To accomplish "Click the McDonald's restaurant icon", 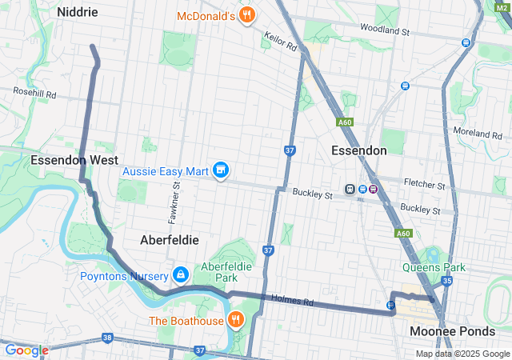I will pyautogui.click(x=248, y=14).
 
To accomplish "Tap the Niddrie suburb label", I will pyautogui.click(x=78, y=12).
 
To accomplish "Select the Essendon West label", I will pyautogui.click(x=74, y=160).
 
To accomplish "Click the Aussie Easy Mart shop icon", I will pyautogui.click(x=222, y=170).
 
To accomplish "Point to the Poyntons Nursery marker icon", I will pyautogui.click(x=181, y=276).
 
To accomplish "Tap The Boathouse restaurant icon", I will pyautogui.click(x=235, y=321).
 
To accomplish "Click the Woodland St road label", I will pyautogui.click(x=385, y=31).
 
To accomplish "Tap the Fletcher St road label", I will pyautogui.click(x=425, y=185).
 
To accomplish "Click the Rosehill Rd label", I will pyautogui.click(x=34, y=94).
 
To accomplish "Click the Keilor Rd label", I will pyautogui.click(x=281, y=42).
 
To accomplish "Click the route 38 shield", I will pyautogui.click(x=107, y=338).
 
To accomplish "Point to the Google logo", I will pyautogui.click(x=26, y=350).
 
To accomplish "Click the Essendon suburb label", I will pyautogui.click(x=359, y=150).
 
